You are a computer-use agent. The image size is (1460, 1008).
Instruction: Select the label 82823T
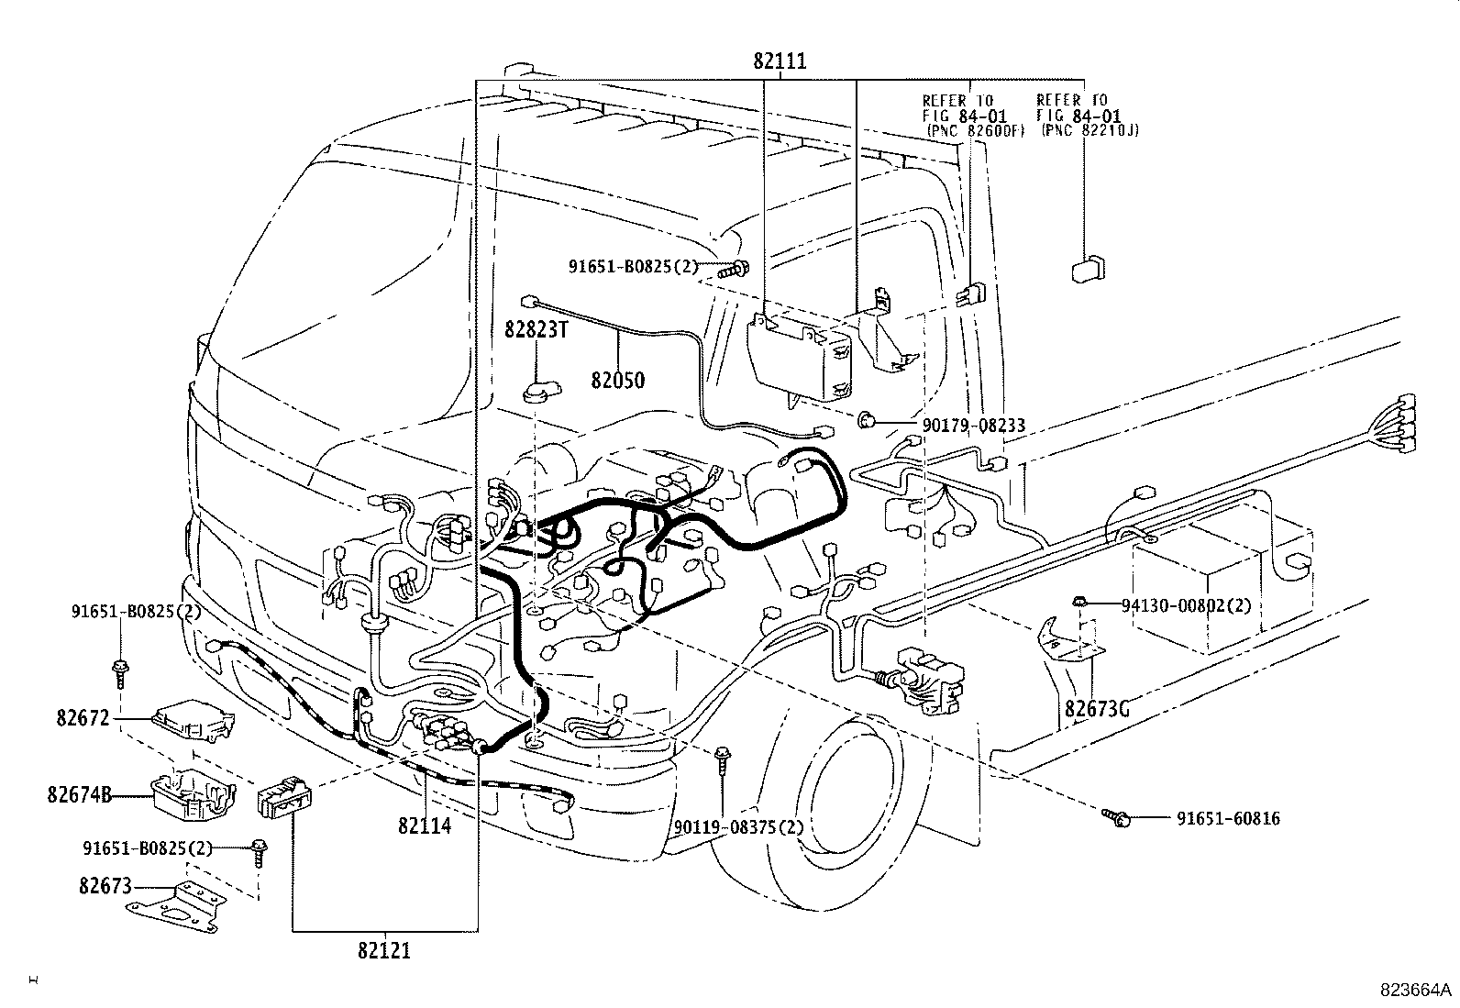(x=536, y=330)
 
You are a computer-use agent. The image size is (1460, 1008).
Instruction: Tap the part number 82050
(x=617, y=380)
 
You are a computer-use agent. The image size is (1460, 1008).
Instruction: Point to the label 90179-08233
(x=974, y=426)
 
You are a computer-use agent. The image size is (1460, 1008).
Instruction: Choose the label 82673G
(x=1097, y=708)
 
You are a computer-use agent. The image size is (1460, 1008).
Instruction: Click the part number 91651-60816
(x=1228, y=818)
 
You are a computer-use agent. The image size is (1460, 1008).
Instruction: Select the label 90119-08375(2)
(x=738, y=827)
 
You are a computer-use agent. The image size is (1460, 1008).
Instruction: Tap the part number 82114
(x=425, y=825)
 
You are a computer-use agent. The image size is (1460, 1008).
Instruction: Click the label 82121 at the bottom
(x=384, y=950)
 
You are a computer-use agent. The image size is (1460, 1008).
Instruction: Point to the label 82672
(x=83, y=718)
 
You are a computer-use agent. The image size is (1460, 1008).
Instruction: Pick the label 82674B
(x=79, y=794)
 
